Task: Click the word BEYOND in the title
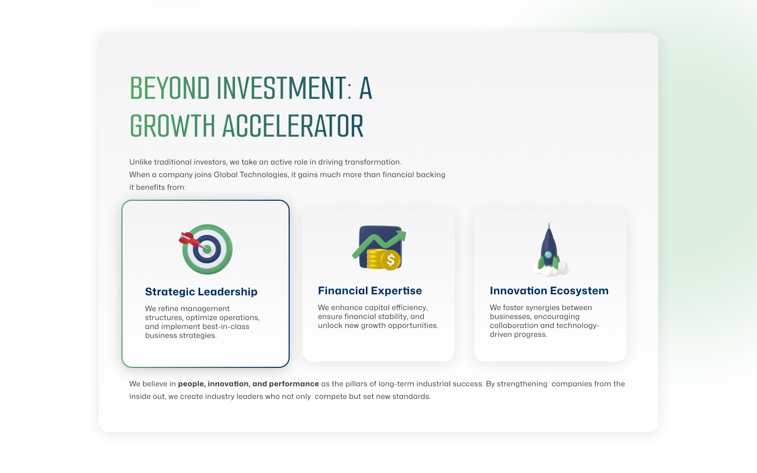pos(170,88)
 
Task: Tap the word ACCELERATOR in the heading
pos(293,126)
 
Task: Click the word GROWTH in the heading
pos(172,126)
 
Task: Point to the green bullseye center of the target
pos(207,249)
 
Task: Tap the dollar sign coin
pos(391,260)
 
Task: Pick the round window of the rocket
pos(548,254)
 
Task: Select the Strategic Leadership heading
pos(201,292)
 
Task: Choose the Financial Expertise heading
pos(370,291)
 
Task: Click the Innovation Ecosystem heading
pos(549,291)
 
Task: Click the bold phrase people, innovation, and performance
pos(248,384)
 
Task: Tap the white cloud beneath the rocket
pos(550,269)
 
